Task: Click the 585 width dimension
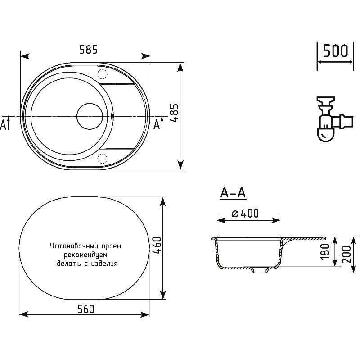(89, 50)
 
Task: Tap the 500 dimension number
(335, 51)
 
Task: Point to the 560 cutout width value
(86, 309)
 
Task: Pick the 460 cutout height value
(157, 246)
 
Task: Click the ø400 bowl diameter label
(245, 213)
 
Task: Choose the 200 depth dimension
(346, 255)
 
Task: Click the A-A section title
(233, 193)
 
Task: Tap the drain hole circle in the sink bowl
(90, 116)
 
